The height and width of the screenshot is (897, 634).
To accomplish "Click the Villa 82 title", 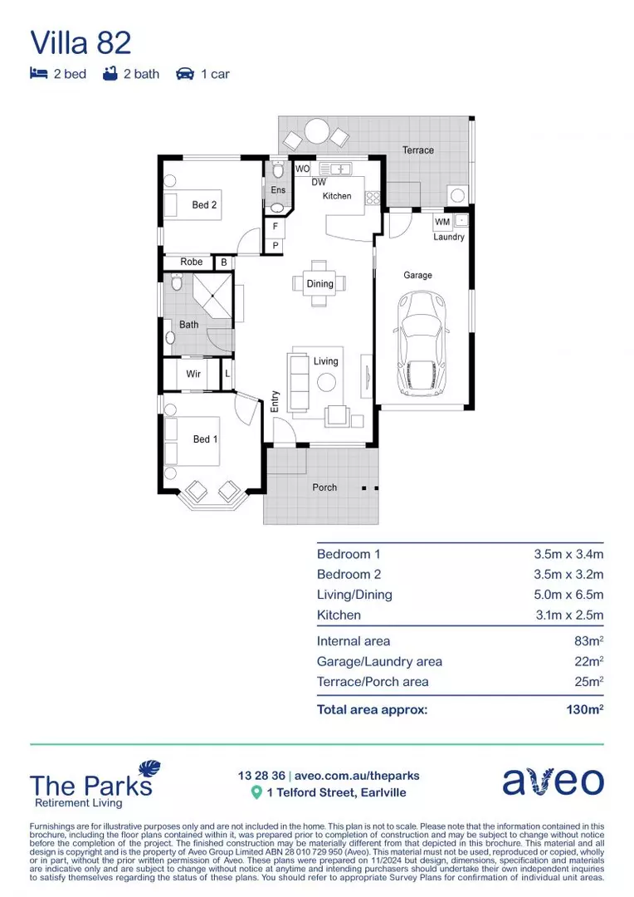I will (x=80, y=42).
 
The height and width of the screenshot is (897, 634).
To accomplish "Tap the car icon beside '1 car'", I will (x=184, y=74).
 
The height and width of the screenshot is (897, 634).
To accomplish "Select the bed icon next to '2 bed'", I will (x=38, y=74).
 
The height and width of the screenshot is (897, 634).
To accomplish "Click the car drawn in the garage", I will (x=424, y=344).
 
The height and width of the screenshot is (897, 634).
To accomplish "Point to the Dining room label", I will (x=319, y=284).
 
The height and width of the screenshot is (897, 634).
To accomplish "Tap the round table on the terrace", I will (x=316, y=132).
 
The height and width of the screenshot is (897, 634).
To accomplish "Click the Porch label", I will (x=324, y=487).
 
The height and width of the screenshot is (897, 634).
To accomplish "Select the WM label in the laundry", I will (x=442, y=222).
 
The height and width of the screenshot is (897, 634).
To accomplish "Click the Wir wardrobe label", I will (x=193, y=374).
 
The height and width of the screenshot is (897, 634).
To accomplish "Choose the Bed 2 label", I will (x=204, y=204).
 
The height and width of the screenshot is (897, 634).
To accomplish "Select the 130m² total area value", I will (x=579, y=709).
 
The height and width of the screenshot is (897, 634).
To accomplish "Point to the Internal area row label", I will (x=354, y=641).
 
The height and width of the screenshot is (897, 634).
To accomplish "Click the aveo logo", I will (x=553, y=781).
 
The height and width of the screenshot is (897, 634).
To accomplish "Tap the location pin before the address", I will (x=256, y=792).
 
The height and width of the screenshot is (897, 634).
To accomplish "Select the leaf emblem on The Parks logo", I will (x=149, y=770).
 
